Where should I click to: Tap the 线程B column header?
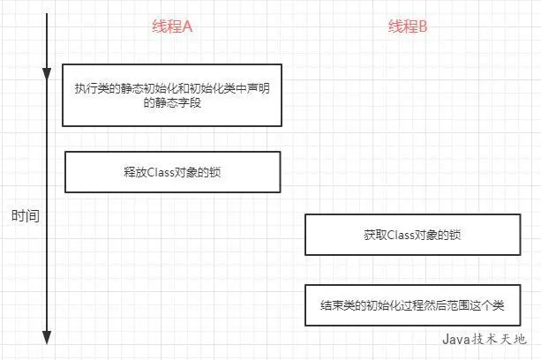click(x=408, y=26)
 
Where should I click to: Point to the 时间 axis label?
click(x=26, y=215)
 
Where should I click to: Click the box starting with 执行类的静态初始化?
click(x=171, y=94)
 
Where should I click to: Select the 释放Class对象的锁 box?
click(x=172, y=172)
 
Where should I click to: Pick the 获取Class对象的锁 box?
click(x=411, y=235)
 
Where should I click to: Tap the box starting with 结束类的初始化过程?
click(x=411, y=305)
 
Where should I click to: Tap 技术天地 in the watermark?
click(x=503, y=339)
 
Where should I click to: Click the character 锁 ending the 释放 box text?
click(x=214, y=172)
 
